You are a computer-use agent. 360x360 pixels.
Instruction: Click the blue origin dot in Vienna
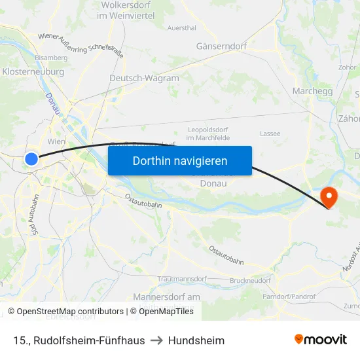31,158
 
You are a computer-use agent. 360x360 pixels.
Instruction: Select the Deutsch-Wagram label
144,78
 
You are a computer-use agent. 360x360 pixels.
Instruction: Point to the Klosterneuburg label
33,71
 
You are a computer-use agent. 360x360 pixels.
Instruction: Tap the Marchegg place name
314,91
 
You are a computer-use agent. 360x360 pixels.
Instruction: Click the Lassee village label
270,134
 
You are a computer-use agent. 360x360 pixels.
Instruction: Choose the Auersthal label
181,28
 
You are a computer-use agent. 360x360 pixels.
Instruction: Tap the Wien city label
57,141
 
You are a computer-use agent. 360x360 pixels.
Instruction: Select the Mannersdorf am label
166,297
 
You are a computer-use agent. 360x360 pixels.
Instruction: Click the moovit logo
321,339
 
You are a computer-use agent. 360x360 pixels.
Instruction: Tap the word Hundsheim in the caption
196,340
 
